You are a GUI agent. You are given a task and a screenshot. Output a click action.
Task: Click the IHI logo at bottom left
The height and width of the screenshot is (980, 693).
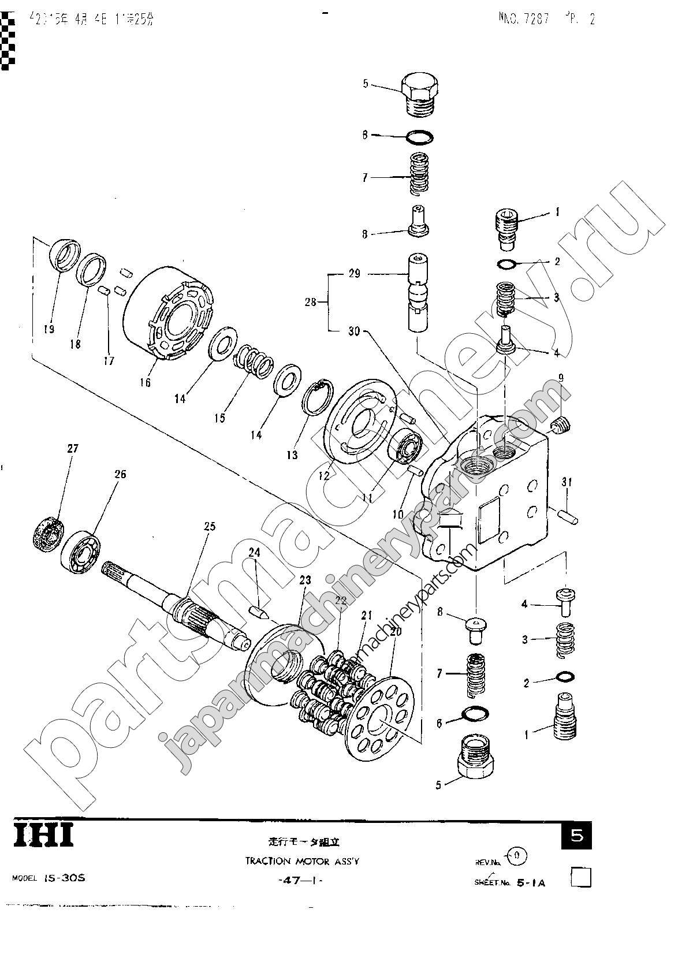[x=44, y=836]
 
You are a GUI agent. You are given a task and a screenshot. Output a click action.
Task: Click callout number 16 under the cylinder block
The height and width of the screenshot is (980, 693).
[x=144, y=382]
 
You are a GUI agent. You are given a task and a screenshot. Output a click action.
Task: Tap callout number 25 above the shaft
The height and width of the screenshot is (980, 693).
[x=209, y=526]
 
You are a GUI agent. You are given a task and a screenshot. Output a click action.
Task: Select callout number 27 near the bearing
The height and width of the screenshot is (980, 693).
[x=73, y=449]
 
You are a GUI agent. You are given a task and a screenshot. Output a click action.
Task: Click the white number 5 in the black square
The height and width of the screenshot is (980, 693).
[x=576, y=836]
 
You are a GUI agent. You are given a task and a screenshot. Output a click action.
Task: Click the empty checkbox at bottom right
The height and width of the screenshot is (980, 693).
[x=581, y=878]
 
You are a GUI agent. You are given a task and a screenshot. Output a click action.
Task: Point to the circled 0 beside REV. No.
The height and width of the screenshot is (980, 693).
[x=516, y=855]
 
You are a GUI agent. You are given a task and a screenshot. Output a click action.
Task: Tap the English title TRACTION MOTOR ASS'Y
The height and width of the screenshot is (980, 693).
[x=302, y=861]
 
